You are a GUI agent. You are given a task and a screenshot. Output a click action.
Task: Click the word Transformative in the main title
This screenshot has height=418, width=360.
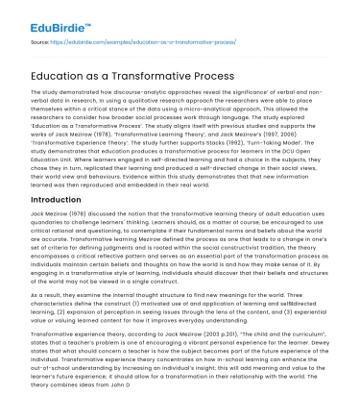coord(162,76)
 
